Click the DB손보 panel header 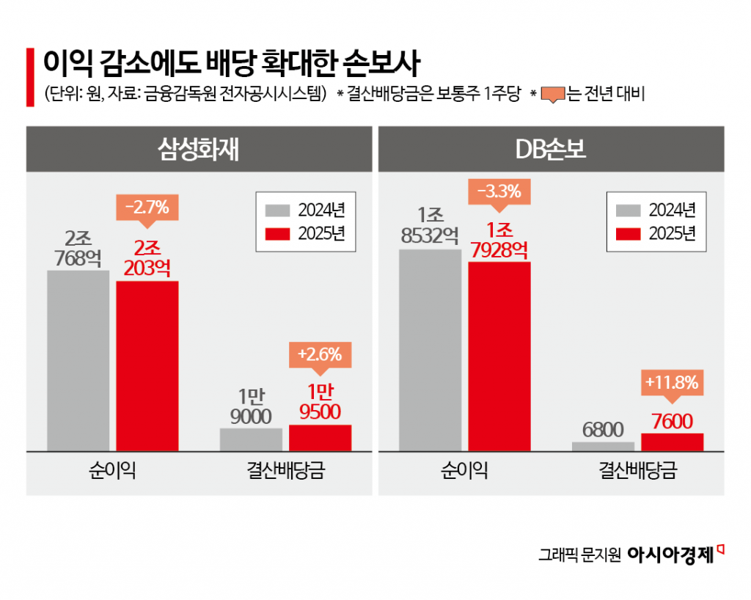[551, 150]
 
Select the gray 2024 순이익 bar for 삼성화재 [78, 360]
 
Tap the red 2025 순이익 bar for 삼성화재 [147, 365]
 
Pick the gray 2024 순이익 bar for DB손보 [431, 350]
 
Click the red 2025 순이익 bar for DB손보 [499, 356]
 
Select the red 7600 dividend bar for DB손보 [672, 442]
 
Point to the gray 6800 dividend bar [603, 446]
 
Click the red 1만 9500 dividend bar [320, 437]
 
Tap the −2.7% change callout [147, 208]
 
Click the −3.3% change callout [499, 193]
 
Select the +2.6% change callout [320, 354]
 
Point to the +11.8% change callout [672, 382]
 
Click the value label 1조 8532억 [429, 225]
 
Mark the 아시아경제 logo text [670, 555]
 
